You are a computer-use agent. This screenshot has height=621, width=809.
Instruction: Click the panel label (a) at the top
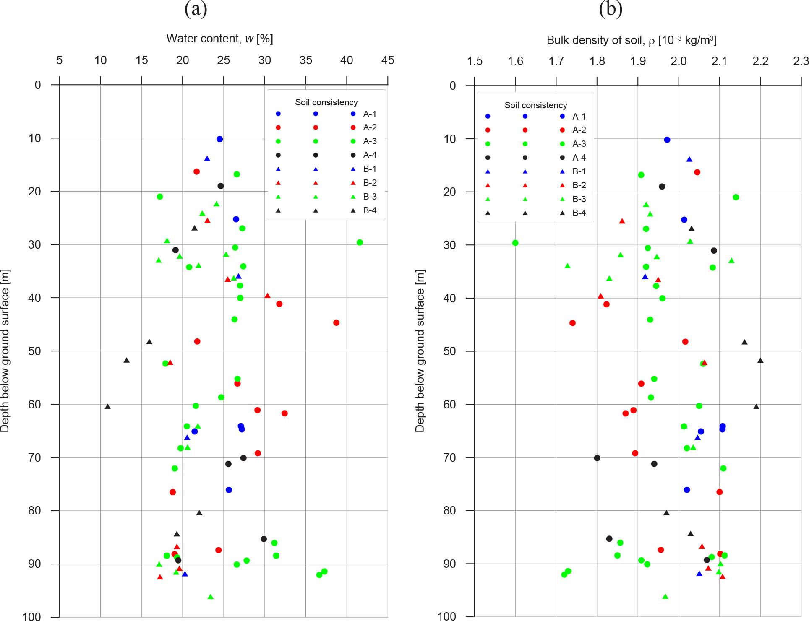[x=196, y=9]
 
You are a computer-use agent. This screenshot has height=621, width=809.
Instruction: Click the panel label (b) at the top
[x=611, y=9]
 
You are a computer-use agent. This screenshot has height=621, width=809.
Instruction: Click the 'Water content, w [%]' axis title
[x=219, y=39]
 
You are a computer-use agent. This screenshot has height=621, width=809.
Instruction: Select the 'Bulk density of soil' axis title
[x=632, y=40]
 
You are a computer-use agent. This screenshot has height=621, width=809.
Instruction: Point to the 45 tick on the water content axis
[x=387, y=60]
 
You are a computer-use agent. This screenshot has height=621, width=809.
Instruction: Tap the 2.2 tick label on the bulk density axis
[x=760, y=62]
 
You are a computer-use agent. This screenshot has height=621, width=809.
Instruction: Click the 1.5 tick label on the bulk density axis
[x=475, y=62]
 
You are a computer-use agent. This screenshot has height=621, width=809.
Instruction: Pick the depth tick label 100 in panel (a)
[x=32, y=616]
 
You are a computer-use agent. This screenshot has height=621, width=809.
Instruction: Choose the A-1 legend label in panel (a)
[x=370, y=114]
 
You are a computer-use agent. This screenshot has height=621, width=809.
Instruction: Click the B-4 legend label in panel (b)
[x=579, y=213]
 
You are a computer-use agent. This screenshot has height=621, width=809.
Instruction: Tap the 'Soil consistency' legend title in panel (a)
[x=326, y=102]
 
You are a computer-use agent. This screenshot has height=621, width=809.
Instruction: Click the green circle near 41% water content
[x=359, y=242]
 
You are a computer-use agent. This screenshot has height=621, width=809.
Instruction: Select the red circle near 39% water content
[x=336, y=323]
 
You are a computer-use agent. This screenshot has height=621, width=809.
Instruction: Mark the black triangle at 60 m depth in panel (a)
[x=108, y=407]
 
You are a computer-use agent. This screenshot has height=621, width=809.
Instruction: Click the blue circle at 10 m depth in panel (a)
[x=219, y=139]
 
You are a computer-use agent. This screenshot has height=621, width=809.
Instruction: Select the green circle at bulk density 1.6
[x=515, y=243]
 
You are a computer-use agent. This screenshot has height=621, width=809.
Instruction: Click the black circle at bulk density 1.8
[x=597, y=458]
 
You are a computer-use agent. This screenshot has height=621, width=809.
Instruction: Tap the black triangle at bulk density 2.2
[x=760, y=361]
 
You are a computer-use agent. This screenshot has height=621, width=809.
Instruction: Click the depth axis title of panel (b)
[x=420, y=351]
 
